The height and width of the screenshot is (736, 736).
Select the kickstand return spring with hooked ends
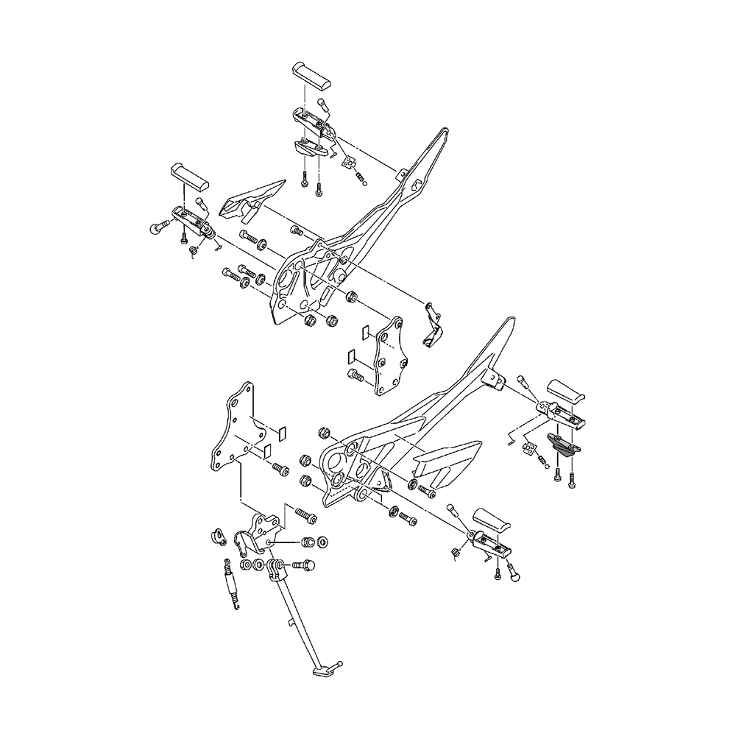231,584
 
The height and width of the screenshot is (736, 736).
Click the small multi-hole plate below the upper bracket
387,357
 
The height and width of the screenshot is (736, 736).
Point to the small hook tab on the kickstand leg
295,625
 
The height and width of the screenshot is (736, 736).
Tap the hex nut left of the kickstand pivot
247,567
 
